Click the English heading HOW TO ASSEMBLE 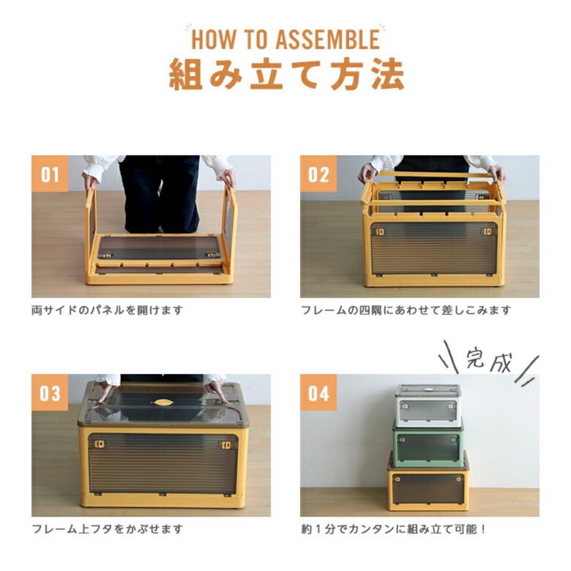(x=285, y=40)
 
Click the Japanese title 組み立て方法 (x=286, y=74)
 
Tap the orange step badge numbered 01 (x=50, y=174)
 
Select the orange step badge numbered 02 (x=318, y=174)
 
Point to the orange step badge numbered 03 (x=50, y=393)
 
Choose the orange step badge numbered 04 (x=318, y=393)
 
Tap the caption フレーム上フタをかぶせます (x=107, y=529)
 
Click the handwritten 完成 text (x=489, y=362)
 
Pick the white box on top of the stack (x=428, y=406)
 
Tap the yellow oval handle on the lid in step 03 (x=163, y=402)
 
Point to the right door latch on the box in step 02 (x=487, y=232)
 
